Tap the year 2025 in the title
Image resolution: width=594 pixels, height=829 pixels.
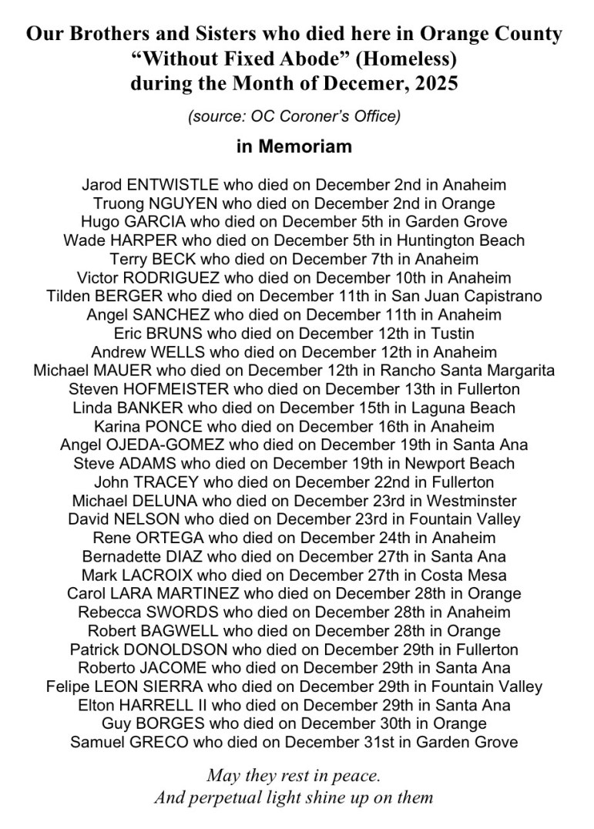click(436, 82)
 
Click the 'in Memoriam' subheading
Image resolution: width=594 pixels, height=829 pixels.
click(294, 146)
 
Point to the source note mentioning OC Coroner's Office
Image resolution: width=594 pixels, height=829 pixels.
click(294, 116)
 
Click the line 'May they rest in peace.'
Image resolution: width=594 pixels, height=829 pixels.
click(294, 775)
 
